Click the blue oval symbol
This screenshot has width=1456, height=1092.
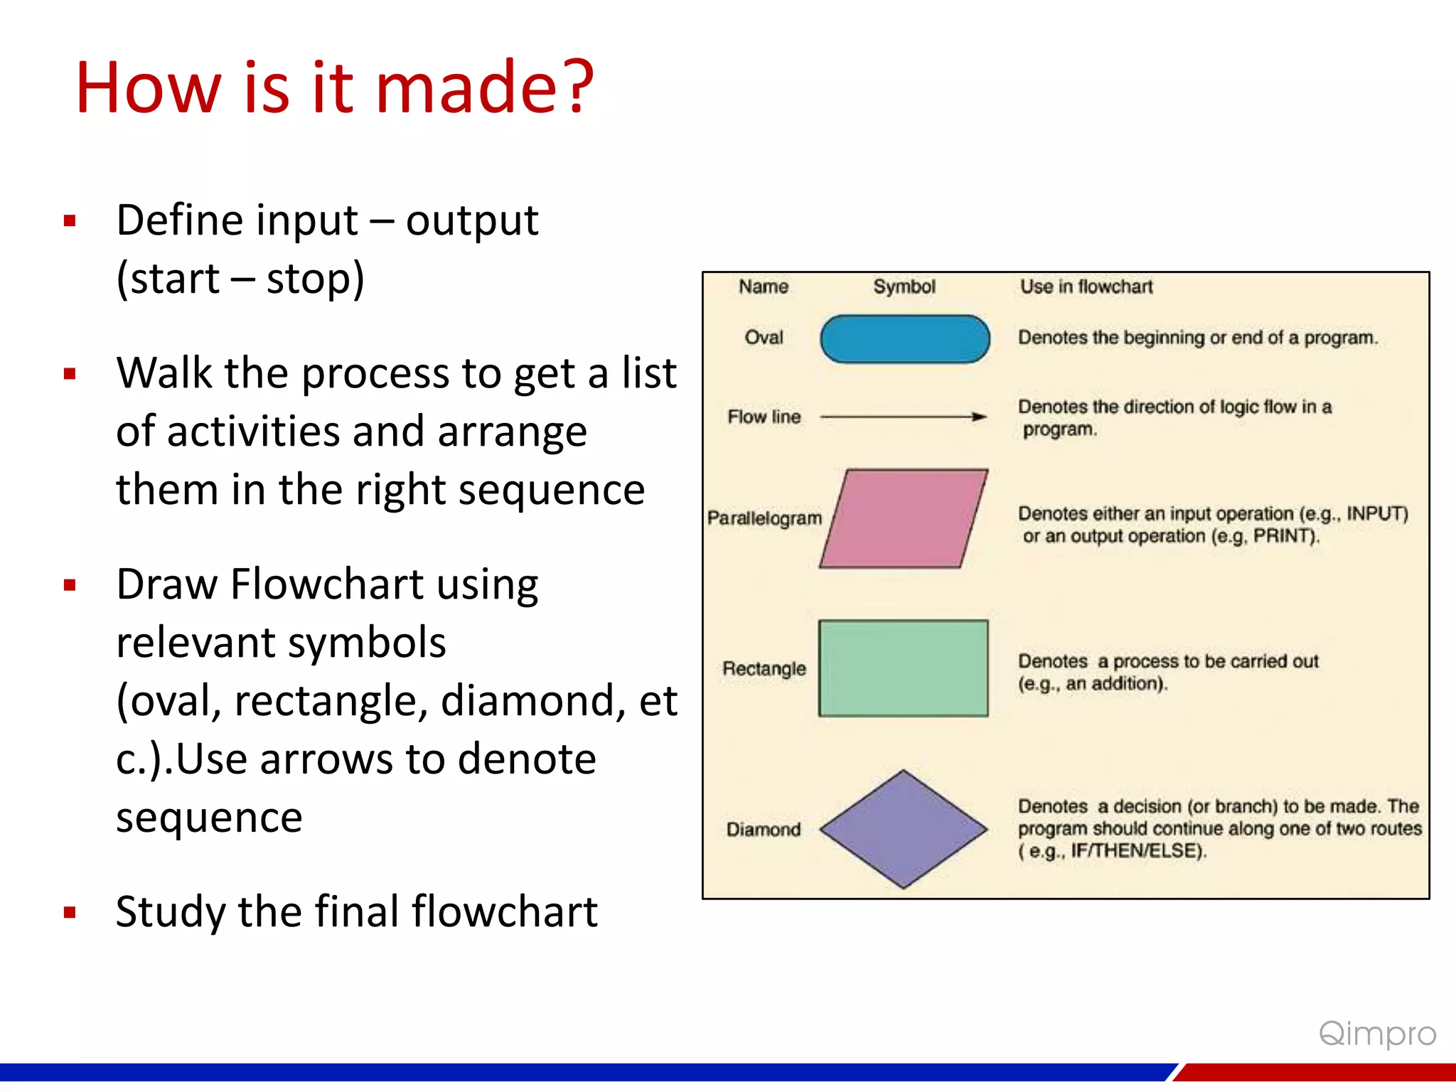point(904,339)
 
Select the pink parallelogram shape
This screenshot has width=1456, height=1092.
point(903,518)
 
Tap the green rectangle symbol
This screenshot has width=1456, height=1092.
point(903,668)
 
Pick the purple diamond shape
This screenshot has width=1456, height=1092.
point(903,829)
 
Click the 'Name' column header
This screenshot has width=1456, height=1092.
point(764,287)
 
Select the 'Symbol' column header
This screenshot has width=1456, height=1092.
point(904,287)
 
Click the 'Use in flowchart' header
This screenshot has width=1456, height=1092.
point(1086,287)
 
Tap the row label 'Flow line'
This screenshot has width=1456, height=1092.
point(764,417)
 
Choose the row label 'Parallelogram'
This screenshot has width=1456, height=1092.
point(764,518)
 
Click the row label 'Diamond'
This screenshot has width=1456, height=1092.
point(764,830)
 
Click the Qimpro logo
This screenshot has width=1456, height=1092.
point(1377,1034)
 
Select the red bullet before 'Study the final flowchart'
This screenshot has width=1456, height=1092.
point(70,913)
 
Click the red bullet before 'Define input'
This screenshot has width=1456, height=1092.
point(70,221)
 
